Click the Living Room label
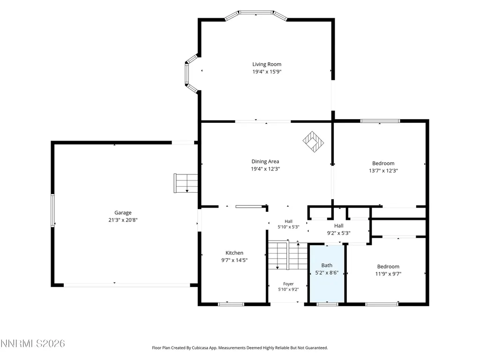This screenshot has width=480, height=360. pos(267,64)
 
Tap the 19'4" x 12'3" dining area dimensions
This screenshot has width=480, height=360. pos(265,169)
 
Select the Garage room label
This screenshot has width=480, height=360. pos(123,213)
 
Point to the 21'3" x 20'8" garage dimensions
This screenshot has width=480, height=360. pos(123,220)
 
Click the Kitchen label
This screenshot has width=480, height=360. pos(234,253)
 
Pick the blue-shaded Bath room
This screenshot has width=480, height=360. pos(327,273)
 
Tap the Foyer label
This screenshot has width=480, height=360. pos(288,284)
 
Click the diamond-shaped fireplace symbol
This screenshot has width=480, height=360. pos(313,142)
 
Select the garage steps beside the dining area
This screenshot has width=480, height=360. pos(186,183)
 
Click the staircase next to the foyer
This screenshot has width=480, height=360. pos(288,255)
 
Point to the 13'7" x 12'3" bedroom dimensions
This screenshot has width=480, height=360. pos(383,171)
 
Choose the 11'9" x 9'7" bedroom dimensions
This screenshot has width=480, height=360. pos(388,274)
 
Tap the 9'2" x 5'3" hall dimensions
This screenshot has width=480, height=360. pos(338,233)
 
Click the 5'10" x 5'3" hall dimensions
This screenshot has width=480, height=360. pos(288,227)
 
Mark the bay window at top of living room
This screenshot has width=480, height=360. pos(256,15)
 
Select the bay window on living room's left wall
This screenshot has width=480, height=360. pos(191,74)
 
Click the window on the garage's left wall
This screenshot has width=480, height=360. pos(52,210)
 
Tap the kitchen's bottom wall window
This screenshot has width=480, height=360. pos(231,304)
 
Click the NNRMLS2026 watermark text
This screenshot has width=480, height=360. pos(32,344)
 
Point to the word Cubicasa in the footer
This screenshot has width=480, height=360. pos(200,348)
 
